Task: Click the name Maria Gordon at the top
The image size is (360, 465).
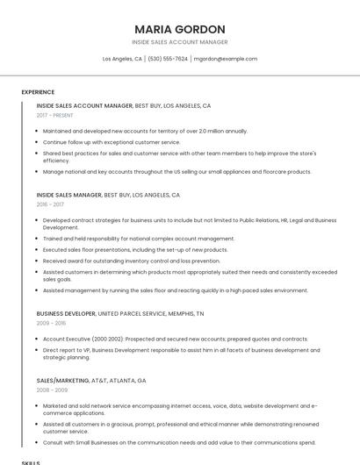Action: point(180,29)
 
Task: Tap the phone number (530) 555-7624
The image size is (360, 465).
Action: point(168,59)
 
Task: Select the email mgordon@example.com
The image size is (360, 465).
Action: point(226,59)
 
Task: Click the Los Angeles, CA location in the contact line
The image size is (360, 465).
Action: point(122,59)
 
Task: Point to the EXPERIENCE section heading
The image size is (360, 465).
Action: point(38,92)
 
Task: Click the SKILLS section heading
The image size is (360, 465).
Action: point(31,461)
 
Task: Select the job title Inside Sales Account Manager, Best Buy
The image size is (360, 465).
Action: point(124,105)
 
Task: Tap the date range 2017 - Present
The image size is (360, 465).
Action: point(55,115)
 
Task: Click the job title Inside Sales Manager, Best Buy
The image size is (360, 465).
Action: point(108,195)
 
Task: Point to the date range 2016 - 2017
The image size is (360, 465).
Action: point(51,204)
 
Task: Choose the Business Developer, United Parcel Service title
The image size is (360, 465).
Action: point(120,313)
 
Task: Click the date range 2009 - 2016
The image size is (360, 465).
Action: point(51,323)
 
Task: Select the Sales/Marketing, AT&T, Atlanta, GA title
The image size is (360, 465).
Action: point(91,381)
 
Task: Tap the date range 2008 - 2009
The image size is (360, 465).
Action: point(52,390)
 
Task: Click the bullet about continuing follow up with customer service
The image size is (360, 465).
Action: point(112,142)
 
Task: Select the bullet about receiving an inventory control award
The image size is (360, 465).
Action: point(132,261)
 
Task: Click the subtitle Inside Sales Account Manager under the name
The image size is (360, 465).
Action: point(180,42)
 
